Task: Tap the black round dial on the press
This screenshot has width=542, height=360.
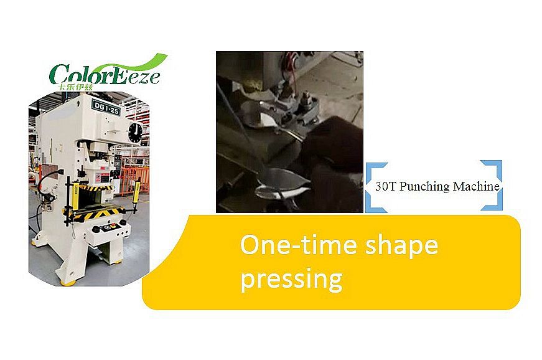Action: coord(135,133)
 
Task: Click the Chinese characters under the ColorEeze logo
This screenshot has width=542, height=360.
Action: coord(76,87)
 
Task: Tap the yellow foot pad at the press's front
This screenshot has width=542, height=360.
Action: coord(68,283)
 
